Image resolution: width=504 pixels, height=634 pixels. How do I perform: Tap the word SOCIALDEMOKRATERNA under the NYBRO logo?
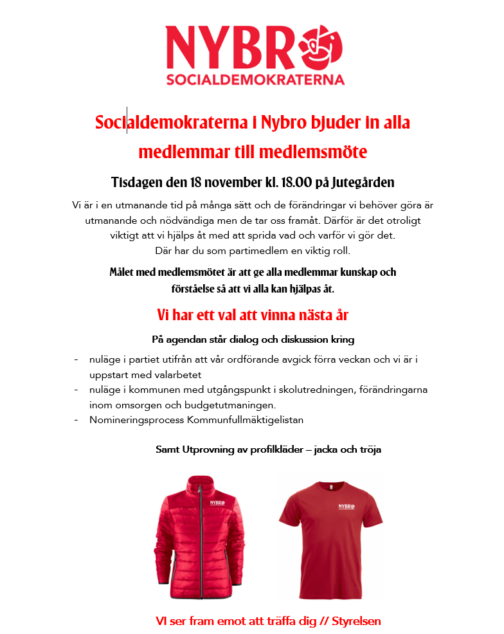[x=255, y=80]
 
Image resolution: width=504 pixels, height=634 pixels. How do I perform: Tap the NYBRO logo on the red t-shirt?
[x=345, y=508]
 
